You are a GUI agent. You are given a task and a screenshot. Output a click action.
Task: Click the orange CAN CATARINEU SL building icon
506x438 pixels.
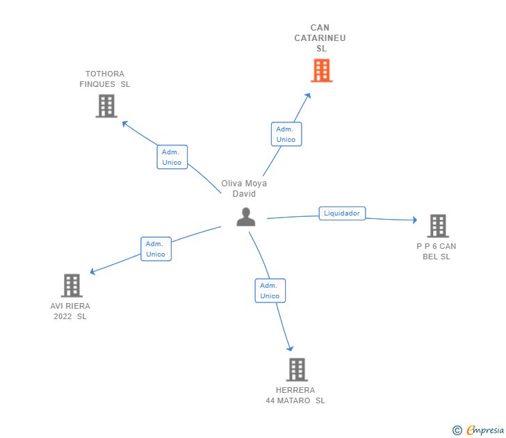[321, 70]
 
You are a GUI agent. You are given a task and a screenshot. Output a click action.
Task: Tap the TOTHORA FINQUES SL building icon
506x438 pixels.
[106, 106]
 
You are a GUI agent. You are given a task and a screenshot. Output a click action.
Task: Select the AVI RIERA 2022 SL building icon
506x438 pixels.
[72, 285]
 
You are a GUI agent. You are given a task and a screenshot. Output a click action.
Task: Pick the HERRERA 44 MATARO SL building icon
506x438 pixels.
[297, 369]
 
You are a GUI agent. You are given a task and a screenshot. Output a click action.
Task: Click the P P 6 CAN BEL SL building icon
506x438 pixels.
[437, 225]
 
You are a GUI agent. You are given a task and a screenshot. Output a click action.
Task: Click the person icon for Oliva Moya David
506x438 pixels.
[245, 217]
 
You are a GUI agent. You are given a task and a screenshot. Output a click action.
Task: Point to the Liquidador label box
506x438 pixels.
[342, 213]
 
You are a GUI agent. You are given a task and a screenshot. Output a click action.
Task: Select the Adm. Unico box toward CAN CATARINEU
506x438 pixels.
[286, 134]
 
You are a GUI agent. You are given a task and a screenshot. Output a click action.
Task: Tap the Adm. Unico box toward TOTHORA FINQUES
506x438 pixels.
[172, 157]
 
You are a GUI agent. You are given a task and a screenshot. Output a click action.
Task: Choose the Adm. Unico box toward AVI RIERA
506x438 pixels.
[156, 249]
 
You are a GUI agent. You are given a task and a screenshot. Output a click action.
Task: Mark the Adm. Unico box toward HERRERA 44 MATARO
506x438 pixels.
[270, 291]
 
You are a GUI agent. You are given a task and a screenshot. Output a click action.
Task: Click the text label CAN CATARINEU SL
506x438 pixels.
[320, 38]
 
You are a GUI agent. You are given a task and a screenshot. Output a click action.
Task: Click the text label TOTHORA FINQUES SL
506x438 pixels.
[105, 79]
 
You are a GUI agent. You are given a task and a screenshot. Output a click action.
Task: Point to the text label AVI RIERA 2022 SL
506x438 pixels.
[70, 311]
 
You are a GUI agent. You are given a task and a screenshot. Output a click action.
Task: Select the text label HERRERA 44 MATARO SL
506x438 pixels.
[295, 395]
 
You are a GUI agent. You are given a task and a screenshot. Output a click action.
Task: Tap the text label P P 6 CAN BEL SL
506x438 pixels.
[436, 251]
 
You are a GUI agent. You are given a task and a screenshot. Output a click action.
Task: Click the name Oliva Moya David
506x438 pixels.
[244, 188]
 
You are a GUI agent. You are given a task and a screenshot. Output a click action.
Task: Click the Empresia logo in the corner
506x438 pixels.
[478, 430]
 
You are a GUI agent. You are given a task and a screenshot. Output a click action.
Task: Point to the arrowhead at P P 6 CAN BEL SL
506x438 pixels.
[414, 220]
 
